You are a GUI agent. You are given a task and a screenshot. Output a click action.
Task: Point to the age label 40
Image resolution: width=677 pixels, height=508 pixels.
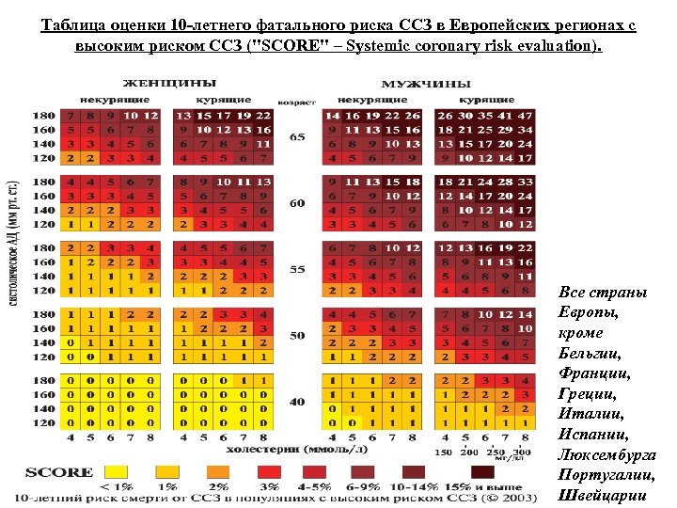pyautogui.click(x=297, y=402)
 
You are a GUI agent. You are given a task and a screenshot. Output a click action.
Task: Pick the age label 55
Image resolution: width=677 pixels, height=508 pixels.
pyautogui.click(x=297, y=269)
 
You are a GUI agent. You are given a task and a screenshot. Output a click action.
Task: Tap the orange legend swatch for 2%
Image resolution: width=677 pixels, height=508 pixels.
pyautogui.click(x=218, y=471)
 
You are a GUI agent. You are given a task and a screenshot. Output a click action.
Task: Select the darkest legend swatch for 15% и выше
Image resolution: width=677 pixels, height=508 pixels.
pyautogui.click(x=482, y=471)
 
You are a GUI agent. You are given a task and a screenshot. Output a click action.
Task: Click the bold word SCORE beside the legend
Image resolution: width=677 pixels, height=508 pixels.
pyautogui.click(x=59, y=472)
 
